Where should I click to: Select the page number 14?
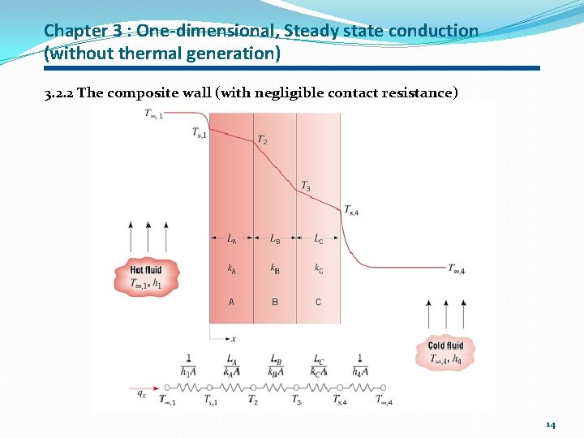click(551, 424)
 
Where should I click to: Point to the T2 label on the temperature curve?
click(262, 140)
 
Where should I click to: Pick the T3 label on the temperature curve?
click(306, 187)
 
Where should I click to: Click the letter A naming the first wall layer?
click(231, 303)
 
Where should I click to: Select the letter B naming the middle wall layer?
click(275, 303)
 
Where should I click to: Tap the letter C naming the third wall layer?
click(318, 303)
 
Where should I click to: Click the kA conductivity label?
click(231, 268)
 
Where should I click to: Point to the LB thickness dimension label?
click(275, 239)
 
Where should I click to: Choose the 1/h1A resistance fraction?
click(188, 366)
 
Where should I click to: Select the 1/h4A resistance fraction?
click(359, 366)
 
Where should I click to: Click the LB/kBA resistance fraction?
click(275, 366)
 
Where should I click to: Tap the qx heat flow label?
click(141, 393)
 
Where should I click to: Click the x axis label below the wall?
click(234, 338)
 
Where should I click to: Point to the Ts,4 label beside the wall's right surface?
click(351, 211)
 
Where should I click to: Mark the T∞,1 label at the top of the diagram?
click(154, 114)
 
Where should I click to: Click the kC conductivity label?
click(318, 268)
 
